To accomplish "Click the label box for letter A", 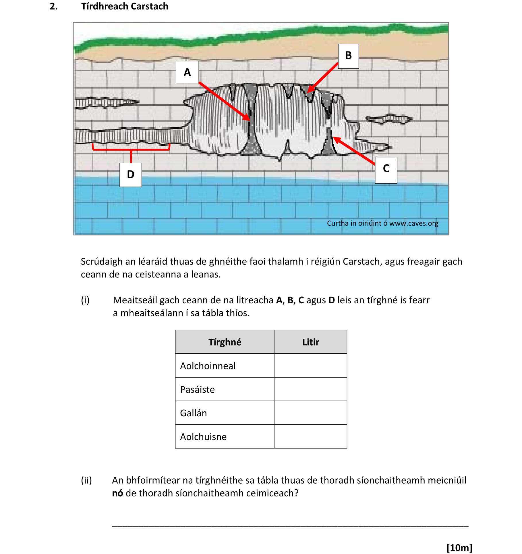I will pos(187,72).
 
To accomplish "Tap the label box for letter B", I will pos(348,56).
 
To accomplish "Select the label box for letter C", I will pos(386,170).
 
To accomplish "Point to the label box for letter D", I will pos(131,175).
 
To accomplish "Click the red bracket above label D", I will pos(131,149).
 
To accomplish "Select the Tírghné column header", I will pos(225,342).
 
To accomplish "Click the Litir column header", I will pos(311,342).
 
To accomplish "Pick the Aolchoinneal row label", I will pos(208,366).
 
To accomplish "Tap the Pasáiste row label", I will pos(198,390).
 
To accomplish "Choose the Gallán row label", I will pos(194,413).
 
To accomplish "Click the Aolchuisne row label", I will pos(203,437).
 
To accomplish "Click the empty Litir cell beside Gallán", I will pos(311,413).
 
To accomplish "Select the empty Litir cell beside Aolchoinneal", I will pos(311,366).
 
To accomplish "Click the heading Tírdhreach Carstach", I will pos(125,6).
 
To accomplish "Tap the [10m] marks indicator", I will pos(459,547).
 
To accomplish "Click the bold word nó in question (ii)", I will pos(117,493).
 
